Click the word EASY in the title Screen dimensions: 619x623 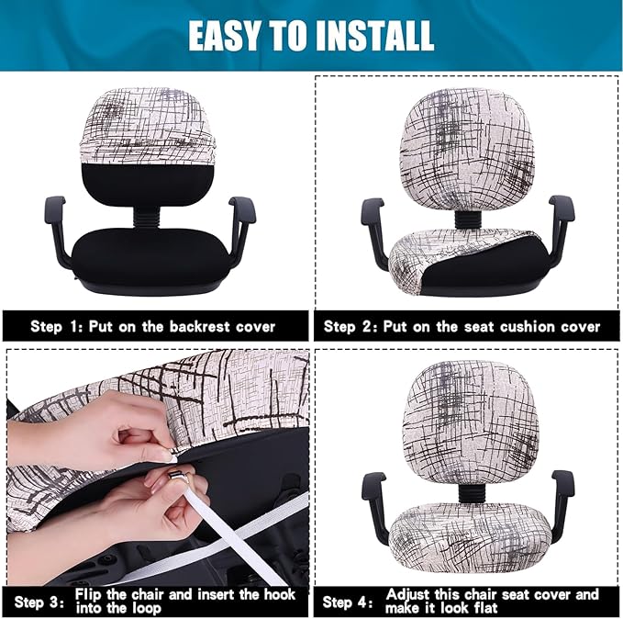(222, 35)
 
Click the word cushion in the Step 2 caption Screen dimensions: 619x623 (507, 326)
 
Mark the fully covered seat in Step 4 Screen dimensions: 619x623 (467, 533)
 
